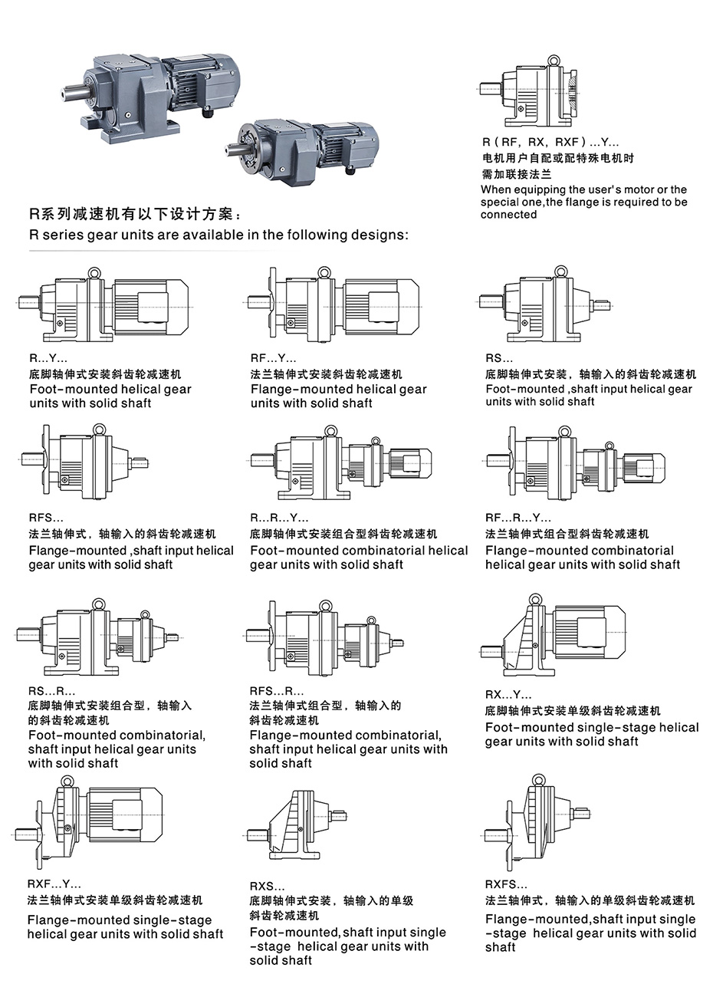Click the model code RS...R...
(51, 691)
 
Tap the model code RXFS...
(506, 884)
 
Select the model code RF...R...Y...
(518, 518)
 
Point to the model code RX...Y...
(508, 694)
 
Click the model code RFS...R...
(277, 691)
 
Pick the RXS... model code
(267, 886)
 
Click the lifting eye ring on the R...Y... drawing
(94, 272)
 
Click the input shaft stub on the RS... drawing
(600, 306)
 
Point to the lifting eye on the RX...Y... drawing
(535, 599)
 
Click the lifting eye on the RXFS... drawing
(538, 780)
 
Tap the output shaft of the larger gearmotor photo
(76, 95)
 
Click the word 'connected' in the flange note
(508, 215)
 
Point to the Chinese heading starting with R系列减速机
(136, 215)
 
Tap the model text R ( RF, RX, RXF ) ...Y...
(550, 143)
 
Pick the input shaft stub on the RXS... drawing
(338, 816)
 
